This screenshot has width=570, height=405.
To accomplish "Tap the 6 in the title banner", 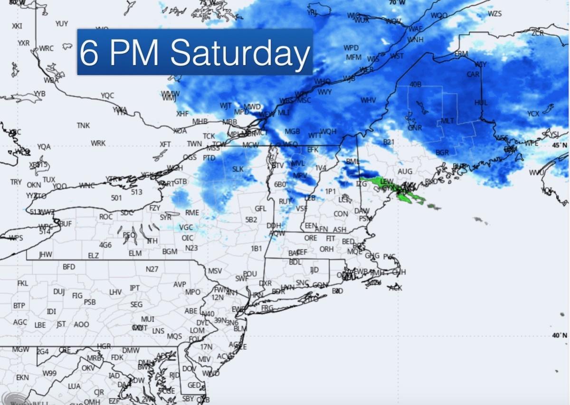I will (x=89, y=53).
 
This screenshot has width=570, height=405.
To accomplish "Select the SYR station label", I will (x=165, y=217).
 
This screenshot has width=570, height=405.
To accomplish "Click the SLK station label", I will (x=237, y=169).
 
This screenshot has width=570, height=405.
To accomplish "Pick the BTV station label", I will (x=278, y=165).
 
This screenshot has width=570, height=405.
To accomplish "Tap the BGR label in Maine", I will (x=442, y=152).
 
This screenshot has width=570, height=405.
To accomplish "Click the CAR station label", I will (x=473, y=75).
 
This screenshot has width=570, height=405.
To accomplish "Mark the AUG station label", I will (x=405, y=171).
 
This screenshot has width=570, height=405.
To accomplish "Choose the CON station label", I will (x=341, y=214).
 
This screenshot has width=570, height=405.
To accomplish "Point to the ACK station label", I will (x=395, y=288).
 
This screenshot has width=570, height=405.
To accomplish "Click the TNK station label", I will (x=83, y=126).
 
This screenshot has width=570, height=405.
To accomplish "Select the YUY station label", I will (x=62, y=24).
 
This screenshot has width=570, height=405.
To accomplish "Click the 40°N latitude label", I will (x=560, y=335).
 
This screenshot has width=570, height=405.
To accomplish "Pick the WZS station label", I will (x=494, y=14).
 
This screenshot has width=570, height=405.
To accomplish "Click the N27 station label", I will (x=152, y=269).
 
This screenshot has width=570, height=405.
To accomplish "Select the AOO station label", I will (x=81, y=325).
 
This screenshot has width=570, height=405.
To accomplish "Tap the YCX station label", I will (x=533, y=114).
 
